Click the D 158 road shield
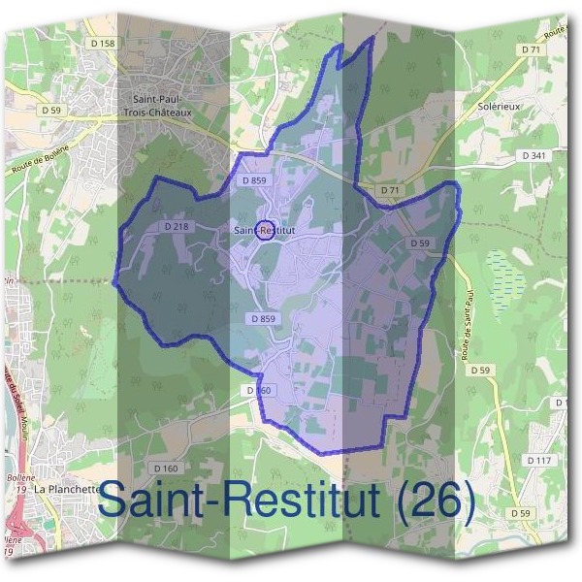[x=102, y=44]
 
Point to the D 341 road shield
[x=533, y=155]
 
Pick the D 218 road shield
[x=177, y=226]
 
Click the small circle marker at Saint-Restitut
[x=266, y=231]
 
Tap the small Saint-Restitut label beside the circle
[x=264, y=230]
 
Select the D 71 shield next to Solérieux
[x=531, y=48]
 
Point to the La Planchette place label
[x=67, y=490]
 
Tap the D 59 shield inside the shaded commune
[x=420, y=242]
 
